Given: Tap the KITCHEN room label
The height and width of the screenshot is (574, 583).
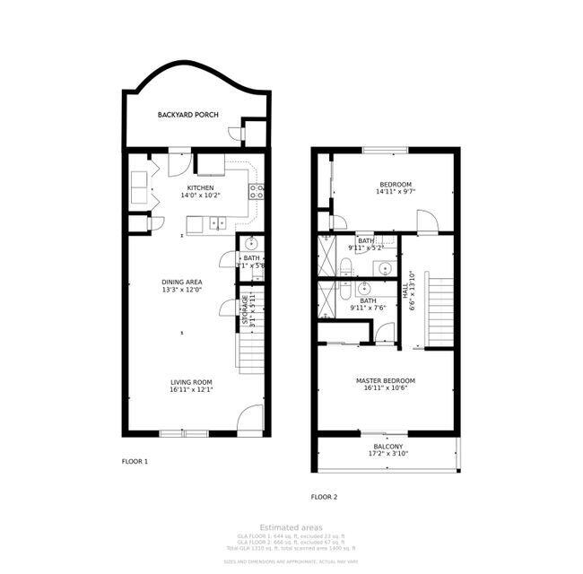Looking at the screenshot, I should click(x=200, y=187).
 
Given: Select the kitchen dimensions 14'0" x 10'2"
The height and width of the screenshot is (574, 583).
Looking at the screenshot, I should click(x=200, y=196).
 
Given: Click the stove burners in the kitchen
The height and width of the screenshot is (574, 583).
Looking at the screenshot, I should click(x=257, y=191).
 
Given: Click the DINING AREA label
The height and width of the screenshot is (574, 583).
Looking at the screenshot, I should click(x=181, y=282).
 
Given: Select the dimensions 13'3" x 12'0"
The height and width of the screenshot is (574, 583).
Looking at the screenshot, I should click(x=181, y=290).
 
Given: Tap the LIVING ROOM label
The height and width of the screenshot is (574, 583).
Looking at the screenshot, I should click(x=190, y=382).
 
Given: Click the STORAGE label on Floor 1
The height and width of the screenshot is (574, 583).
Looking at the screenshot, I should click(x=244, y=309).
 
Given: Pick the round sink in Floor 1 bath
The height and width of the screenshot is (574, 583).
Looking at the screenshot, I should click(x=252, y=243).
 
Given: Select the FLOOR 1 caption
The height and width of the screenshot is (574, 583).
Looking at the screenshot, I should click(x=135, y=461).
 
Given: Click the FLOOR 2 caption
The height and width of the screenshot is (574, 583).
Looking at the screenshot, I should click(x=324, y=496).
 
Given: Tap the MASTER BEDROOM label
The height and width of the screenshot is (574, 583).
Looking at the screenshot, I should click(x=385, y=380).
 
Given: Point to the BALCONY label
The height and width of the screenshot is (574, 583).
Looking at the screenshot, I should click(x=388, y=447).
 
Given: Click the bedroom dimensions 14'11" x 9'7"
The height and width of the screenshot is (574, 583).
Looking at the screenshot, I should click(x=396, y=192).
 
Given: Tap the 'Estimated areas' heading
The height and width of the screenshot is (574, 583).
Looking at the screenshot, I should click(x=291, y=527).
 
